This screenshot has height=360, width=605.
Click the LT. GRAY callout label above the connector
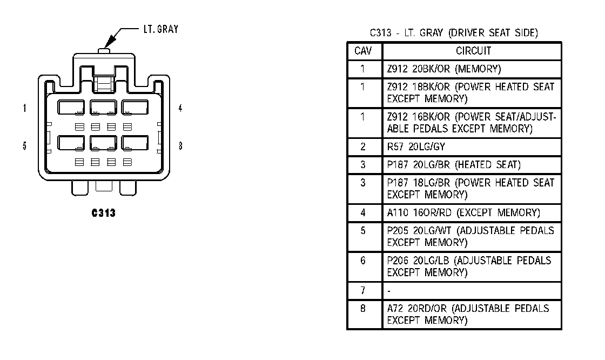pos(160,29)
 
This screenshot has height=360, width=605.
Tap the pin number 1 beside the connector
pos(25,108)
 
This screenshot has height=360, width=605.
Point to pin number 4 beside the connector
pos(180,108)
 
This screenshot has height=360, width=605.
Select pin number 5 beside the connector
pos(25,146)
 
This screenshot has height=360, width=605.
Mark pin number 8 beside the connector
pos(180,146)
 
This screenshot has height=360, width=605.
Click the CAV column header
pos(364,51)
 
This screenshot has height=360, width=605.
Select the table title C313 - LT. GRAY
pos(454,33)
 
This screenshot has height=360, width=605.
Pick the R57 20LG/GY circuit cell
pos(409,146)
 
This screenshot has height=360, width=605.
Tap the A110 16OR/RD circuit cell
pos(463,213)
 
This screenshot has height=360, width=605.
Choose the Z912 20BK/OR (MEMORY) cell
pos(444,69)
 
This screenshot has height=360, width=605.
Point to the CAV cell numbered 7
pos(364,291)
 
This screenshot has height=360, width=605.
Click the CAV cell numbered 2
pos(364,146)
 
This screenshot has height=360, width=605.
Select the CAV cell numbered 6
pos(364,261)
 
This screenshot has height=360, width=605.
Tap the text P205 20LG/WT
pos(420,231)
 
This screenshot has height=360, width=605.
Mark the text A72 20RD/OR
pos(418,309)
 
